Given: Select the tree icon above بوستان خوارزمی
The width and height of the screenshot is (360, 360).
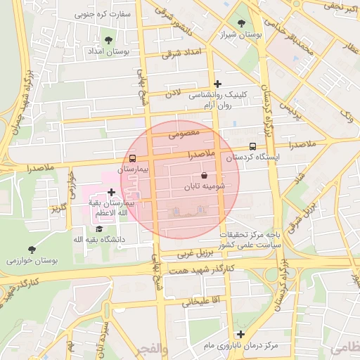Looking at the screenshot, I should tap(32, 249).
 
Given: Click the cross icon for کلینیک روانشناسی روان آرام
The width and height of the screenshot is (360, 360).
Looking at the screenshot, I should tap(217, 84).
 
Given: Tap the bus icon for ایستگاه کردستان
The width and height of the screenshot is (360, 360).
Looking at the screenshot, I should tap(252, 146).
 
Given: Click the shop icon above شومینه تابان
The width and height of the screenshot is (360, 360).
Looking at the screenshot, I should tap(204, 175).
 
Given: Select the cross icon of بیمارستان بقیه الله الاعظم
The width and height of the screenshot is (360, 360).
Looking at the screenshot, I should tap(111, 191).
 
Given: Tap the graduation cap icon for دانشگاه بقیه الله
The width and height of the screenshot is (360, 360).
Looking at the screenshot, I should tap(99, 228).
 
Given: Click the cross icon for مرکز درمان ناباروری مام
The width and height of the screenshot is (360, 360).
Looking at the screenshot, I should tap(241, 334).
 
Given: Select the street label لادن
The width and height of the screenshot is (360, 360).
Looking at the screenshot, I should tap(173, 92).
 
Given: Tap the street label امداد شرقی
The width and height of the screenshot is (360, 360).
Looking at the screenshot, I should tap(181, 53).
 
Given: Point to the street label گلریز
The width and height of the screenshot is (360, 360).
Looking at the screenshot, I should tap(58, 208).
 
